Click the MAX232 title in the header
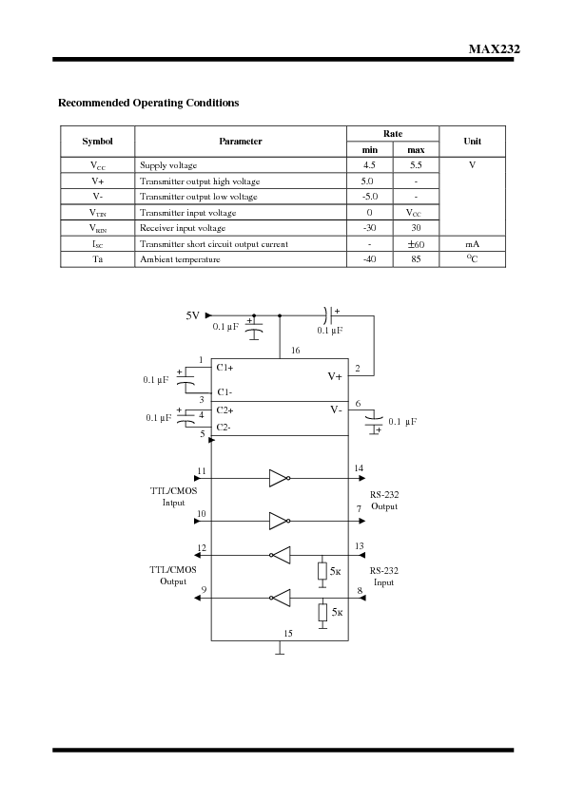pyautogui.click(x=494, y=49)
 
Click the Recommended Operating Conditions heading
pyautogui.click(x=148, y=103)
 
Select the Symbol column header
pyautogui.click(x=97, y=141)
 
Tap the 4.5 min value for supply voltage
pyautogui.click(x=369, y=165)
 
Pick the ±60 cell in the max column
pyautogui.click(x=416, y=244)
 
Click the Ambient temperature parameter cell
pyautogui.click(x=180, y=259)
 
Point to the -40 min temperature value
pyautogui.click(x=369, y=259)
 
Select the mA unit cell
pyautogui.click(x=472, y=244)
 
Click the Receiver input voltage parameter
pyautogui.click(x=183, y=228)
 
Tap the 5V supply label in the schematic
pyautogui.click(x=193, y=314)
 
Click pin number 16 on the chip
pyautogui.click(x=295, y=352)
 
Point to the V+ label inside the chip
pyautogui.click(x=335, y=376)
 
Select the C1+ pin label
pyautogui.click(x=225, y=367)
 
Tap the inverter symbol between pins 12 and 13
pyautogui.click(x=281, y=555)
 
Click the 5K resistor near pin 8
pyautogui.click(x=323, y=612)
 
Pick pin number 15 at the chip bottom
pyautogui.click(x=288, y=632)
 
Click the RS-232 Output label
pyautogui.click(x=384, y=501)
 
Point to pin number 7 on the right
pyautogui.click(x=359, y=510)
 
